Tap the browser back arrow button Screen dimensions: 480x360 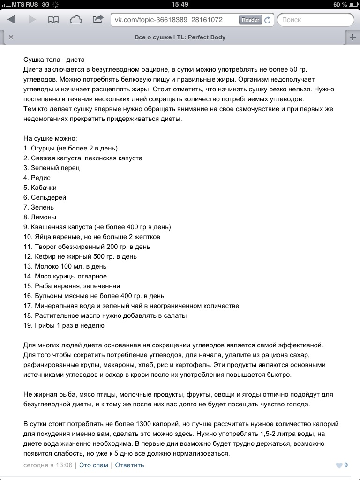11,20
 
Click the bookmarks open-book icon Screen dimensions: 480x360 53,20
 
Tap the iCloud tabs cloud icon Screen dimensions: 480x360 75,20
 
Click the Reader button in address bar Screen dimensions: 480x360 250,20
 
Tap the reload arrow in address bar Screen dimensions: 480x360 268,20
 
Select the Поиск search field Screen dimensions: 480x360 315,20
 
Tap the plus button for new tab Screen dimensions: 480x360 352,37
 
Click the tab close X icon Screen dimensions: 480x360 11,37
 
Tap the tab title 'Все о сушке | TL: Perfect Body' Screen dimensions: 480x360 180,37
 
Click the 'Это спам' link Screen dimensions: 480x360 94,465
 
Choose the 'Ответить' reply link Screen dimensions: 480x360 129,465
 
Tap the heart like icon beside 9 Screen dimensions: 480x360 339,465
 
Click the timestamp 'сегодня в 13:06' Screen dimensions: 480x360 48,465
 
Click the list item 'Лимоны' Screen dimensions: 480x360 44,217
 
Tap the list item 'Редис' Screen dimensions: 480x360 41,178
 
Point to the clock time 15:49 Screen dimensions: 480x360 180,4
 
